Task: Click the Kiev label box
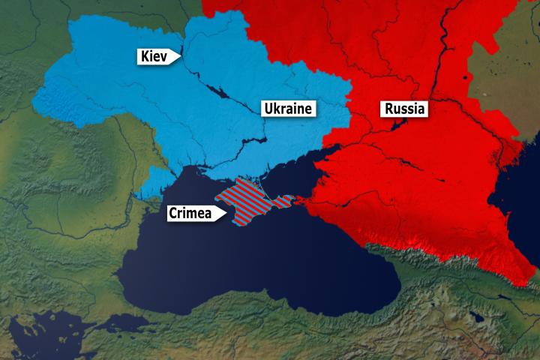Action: click(154, 55)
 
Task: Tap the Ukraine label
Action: click(287, 109)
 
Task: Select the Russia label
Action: click(405, 109)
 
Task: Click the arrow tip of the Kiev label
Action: click(180, 55)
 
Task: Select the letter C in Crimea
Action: click(173, 213)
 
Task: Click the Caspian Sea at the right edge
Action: click(529, 195)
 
